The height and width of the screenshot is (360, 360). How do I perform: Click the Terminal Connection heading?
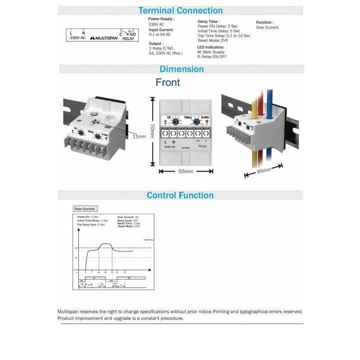pos(180,10)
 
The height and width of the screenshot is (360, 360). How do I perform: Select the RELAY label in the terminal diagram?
pos(128,38)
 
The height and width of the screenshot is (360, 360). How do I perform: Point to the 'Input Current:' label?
pos(161,29)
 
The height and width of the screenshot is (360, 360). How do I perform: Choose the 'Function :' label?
pos(264,22)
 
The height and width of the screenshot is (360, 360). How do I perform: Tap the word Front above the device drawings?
pos(168,82)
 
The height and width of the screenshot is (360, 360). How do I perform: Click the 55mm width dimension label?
pos(186,171)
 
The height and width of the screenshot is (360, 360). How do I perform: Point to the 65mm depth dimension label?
pos(263,171)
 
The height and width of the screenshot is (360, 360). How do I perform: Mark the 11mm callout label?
pos(139,136)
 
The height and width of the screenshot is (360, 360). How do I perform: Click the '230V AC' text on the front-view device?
pos(170,147)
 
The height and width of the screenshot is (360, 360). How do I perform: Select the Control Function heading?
pos(180,195)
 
